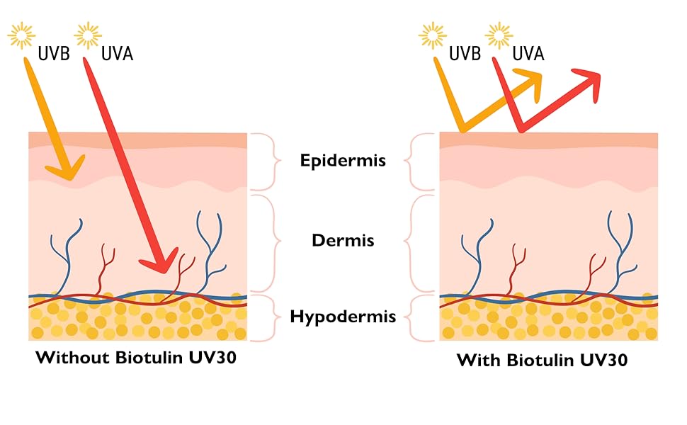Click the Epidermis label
point(343,161)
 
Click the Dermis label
point(343,241)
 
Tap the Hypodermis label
point(343,317)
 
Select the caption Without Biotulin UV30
point(136,357)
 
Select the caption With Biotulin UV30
point(542,360)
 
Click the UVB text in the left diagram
point(54,53)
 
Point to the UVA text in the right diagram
point(528,53)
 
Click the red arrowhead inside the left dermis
point(161,261)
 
